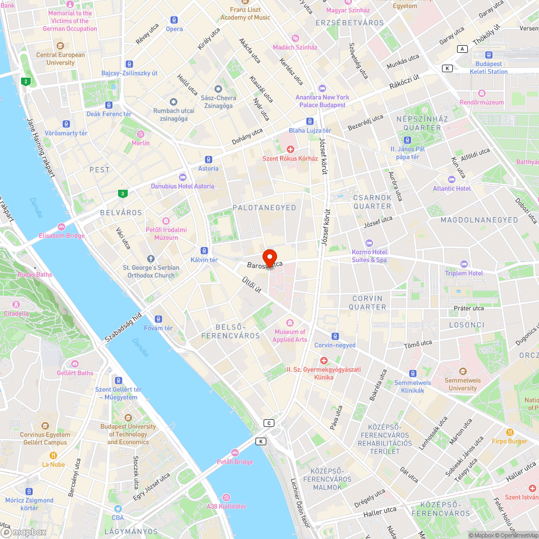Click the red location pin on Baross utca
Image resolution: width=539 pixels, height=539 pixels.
point(269,258)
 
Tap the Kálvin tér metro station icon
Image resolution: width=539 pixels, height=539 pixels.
point(204,250)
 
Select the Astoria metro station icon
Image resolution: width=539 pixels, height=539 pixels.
point(209,160)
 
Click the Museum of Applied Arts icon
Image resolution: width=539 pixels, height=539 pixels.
point(290,322)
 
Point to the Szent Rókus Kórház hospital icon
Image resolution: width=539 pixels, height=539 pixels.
point(291,149)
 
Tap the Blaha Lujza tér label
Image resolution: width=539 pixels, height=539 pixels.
point(310,131)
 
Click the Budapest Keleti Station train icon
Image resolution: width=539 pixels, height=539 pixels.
point(488,54)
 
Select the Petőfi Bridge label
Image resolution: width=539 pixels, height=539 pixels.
point(235,462)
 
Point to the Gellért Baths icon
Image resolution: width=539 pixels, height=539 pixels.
point(75,364)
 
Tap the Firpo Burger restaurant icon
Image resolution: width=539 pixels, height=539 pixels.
point(510,432)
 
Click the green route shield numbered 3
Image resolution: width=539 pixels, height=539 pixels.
point(123,193)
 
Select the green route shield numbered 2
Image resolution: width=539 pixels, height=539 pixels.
point(25,82)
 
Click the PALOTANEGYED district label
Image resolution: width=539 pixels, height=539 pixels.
point(264,208)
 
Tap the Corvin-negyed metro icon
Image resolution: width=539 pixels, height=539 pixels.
point(335,336)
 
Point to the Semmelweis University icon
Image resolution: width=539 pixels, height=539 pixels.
point(462,371)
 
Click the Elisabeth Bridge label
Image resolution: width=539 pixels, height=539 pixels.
point(61,236)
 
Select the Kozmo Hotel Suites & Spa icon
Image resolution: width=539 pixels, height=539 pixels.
point(369,243)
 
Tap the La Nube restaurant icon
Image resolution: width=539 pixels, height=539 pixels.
point(53,455)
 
